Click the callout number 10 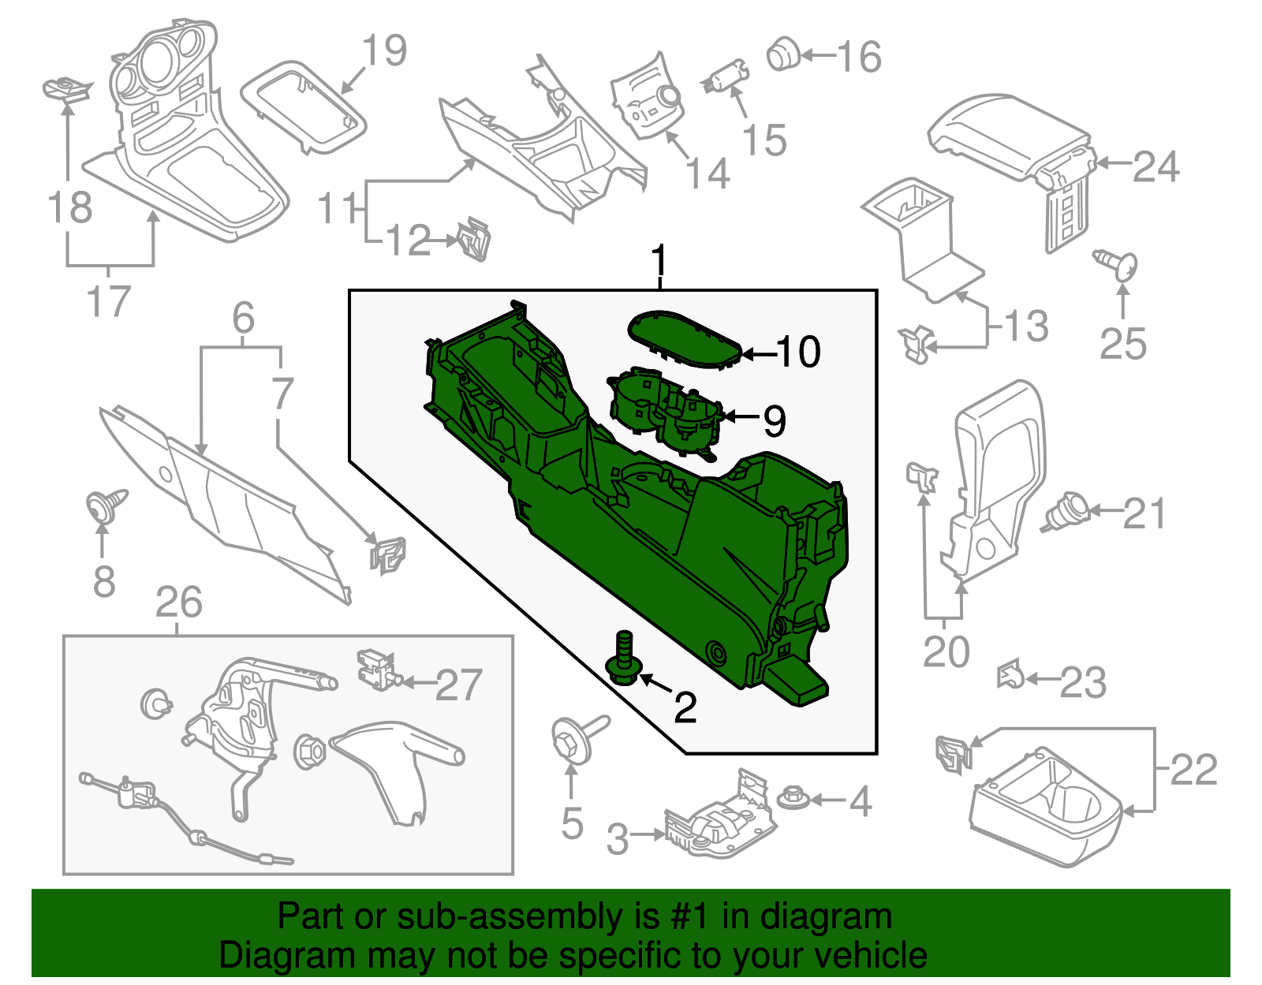tap(798, 352)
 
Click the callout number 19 tap(384, 50)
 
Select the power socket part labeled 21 tap(1066, 513)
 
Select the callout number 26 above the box tap(179, 603)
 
